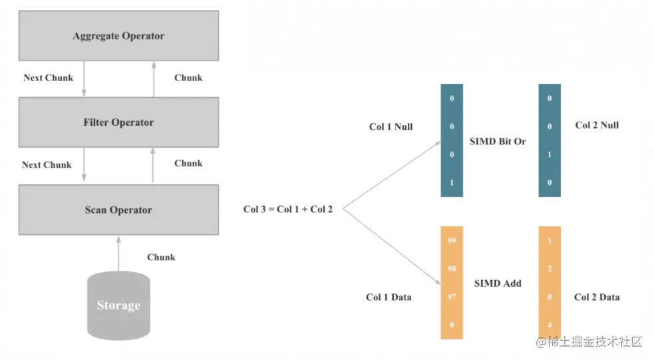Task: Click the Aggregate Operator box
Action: tap(118, 35)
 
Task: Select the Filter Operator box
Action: tap(118, 122)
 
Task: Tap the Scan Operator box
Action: tap(118, 210)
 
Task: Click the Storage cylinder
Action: tap(118, 305)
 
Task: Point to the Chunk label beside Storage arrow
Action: tap(161, 257)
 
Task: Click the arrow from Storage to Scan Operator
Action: tap(118, 254)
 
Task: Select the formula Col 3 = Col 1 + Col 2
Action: tap(288, 209)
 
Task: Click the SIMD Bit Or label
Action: tap(498, 142)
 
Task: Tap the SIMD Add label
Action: tap(498, 283)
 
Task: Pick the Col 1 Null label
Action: tap(391, 127)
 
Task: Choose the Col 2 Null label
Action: tap(597, 125)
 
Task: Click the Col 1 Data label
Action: tap(389, 297)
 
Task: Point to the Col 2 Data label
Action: tap(597, 297)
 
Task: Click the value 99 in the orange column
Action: tap(452, 241)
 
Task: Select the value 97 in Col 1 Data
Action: tap(452, 297)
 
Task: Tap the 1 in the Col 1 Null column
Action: tap(452, 183)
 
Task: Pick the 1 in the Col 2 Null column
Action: tap(550, 154)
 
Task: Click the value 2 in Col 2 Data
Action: tap(550, 269)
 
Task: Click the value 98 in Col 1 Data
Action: tap(452, 269)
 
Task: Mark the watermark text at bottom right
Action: tap(589, 341)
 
